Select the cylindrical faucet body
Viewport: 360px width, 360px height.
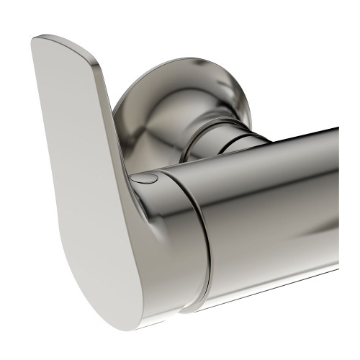(274, 216)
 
